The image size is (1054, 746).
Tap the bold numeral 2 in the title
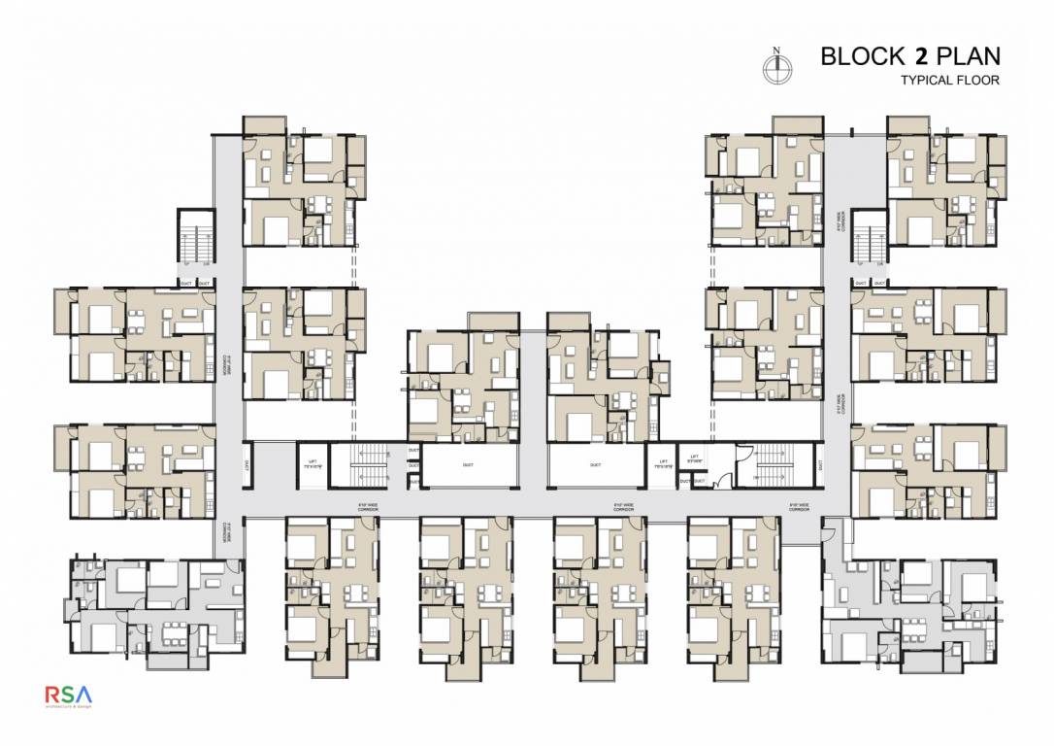[908, 55]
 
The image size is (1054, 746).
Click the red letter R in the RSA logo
[54, 695]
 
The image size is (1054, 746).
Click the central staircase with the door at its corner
[775, 464]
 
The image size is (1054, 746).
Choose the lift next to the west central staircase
[313, 464]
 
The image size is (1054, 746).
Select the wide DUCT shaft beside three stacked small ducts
[469, 465]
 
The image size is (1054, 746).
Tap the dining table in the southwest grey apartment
[175, 629]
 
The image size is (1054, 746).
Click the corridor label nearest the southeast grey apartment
[800, 506]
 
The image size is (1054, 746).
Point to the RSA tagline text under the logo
[70, 708]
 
